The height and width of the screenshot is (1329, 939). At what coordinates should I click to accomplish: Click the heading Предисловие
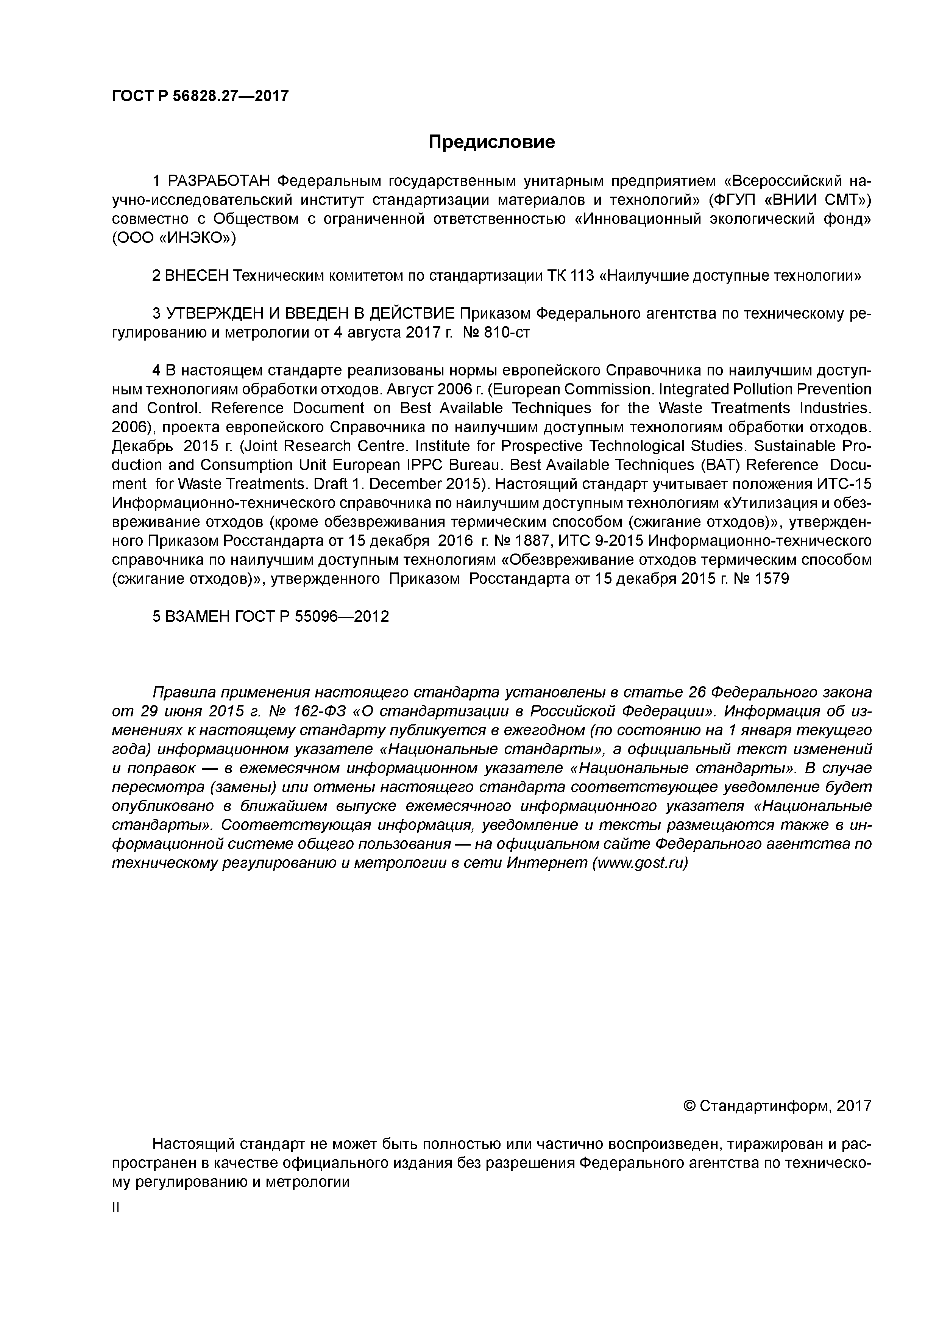491,142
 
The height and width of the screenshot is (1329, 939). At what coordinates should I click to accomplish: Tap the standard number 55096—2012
342,616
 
